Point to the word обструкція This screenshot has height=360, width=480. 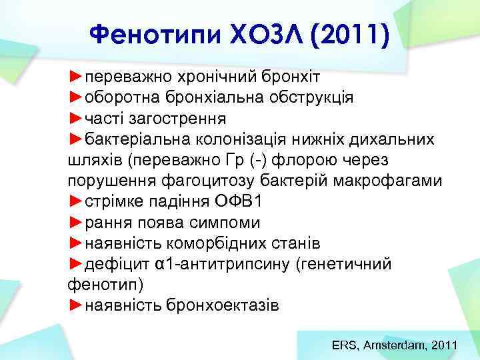pyautogui.click(x=313, y=97)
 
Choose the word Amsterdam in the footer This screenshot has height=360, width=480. pyautogui.click(x=396, y=345)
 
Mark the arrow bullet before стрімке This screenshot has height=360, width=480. pyautogui.click(x=76, y=202)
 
